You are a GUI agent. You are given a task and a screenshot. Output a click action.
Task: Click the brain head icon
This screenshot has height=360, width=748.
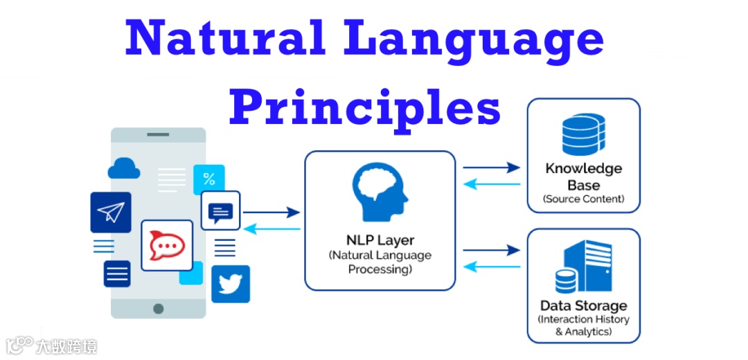click(x=380, y=192)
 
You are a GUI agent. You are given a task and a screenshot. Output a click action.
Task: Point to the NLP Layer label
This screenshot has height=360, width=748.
click(x=380, y=241)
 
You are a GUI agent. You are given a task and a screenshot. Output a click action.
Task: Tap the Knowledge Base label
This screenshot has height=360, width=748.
click(x=583, y=177)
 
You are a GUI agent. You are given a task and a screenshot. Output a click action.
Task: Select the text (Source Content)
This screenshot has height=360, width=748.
click(x=583, y=199)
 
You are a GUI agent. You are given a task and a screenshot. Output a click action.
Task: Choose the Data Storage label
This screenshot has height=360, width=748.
click(x=583, y=305)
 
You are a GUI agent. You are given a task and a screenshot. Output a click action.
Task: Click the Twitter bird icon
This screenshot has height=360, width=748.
click(x=230, y=284)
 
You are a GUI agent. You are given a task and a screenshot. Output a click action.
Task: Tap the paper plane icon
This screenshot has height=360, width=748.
click(x=110, y=213)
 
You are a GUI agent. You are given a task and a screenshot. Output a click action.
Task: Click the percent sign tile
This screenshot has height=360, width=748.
click(x=208, y=179)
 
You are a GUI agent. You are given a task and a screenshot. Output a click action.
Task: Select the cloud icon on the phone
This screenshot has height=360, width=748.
click(x=124, y=168)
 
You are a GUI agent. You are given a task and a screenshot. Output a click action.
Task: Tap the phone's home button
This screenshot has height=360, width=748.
click(x=159, y=308)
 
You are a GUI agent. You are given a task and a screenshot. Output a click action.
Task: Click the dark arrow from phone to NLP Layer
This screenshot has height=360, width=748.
click(x=271, y=213)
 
